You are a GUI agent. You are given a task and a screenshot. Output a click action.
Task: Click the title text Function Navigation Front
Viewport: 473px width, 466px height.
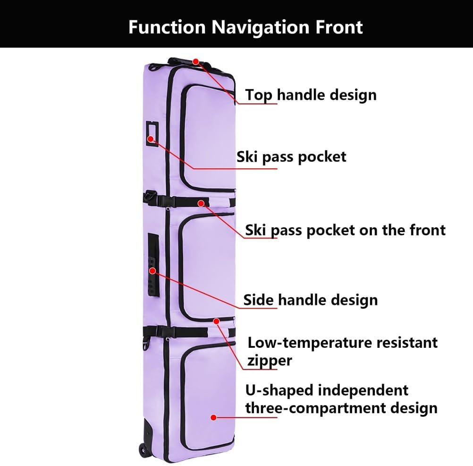[245, 27]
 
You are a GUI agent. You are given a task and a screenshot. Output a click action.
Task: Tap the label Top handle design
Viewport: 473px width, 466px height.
[311, 95]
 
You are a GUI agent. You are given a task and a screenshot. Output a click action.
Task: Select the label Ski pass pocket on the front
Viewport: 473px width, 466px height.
[345, 230]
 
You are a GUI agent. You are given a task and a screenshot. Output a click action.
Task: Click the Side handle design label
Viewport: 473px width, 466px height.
[310, 300]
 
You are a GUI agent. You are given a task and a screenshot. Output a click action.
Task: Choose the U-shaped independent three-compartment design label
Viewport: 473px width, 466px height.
[341, 399]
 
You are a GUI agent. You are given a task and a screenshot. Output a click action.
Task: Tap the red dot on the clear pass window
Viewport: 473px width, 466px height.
[151, 139]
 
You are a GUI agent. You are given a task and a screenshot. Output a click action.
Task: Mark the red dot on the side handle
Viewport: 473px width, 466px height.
[152, 271]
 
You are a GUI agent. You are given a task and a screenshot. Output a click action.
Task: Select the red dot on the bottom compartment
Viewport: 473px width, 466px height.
[213, 417]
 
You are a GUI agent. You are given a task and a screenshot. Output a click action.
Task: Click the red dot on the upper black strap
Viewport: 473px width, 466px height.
[201, 203]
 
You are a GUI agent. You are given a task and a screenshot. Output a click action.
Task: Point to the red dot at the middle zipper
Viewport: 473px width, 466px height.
[217, 321]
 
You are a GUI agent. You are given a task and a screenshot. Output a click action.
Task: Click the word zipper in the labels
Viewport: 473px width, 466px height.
[270, 361]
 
